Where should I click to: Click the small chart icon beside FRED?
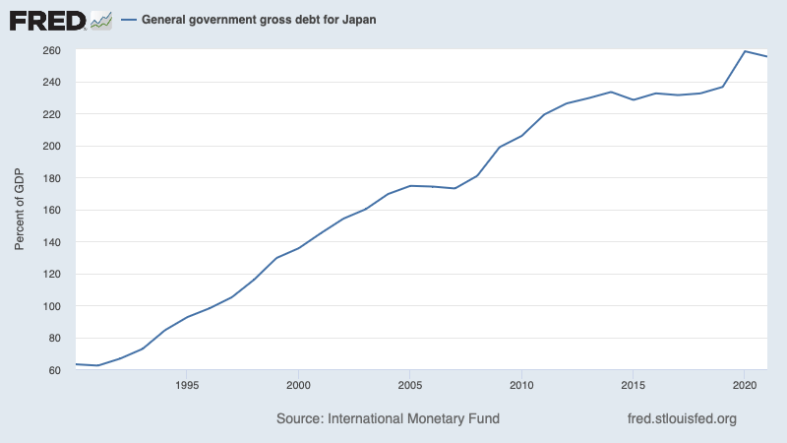(x=101, y=20)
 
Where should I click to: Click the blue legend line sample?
(x=127, y=20)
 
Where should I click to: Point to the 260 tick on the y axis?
(x=51, y=50)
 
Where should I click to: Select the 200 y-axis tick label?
(x=51, y=146)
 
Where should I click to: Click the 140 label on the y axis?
(x=51, y=242)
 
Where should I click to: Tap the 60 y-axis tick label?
(x=54, y=370)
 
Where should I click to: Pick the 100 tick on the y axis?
(x=51, y=306)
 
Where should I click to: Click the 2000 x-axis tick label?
(x=299, y=385)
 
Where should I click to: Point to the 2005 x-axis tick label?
(x=410, y=385)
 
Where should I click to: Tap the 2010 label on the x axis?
(x=521, y=385)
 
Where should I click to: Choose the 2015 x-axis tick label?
(x=633, y=385)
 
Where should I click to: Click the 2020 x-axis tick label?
(x=744, y=385)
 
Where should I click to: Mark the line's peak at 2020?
(x=745, y=51)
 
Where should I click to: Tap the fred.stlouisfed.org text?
(x=682, y=418)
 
